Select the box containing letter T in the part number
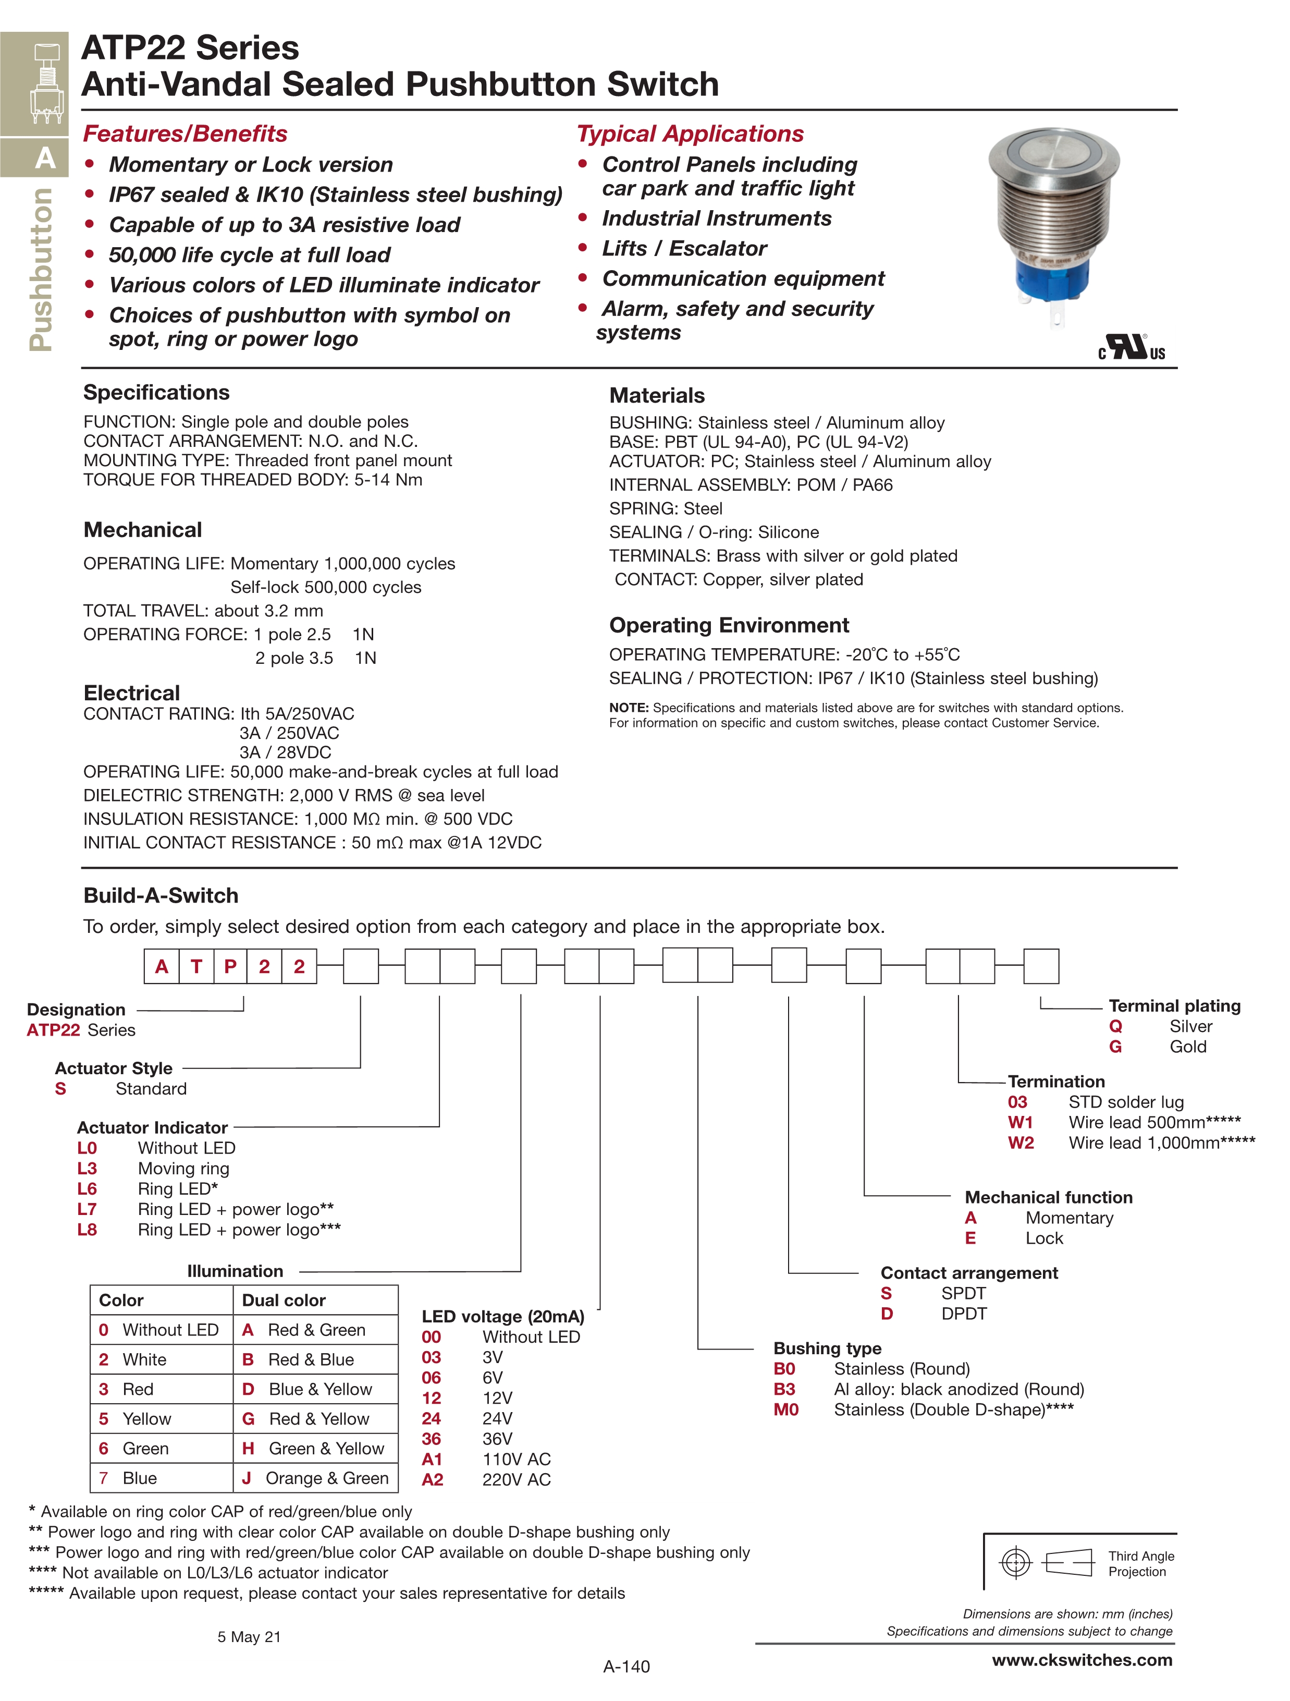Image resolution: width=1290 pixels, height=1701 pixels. pyautogui.click(x=196, y=967)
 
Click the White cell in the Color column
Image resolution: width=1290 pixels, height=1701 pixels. pyautogui.click(x=144, y=1359)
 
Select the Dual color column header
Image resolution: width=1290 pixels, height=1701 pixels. pyautogui.click(x=284, y=1301)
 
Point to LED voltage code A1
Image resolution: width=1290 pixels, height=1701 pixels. pyautogui.click(x=432, y=1459)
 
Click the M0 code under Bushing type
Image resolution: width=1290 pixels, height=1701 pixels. pyautogui.click(x=785, y=1410)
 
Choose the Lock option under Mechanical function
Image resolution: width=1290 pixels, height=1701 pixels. pyautogui.click(x=1044, y=1238)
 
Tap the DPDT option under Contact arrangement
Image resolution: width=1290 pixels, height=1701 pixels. pyautogui.click(x=963, y=1314)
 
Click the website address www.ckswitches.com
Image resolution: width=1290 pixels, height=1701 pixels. pyautogui.click(x=1082, y=1659)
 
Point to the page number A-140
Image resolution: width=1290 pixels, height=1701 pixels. pyautogui.click(x=626, y=1667)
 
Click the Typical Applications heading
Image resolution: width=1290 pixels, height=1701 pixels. pyautogui.click(x=690, y=134)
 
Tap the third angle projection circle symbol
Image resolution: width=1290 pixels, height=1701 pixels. pyautogui.click(x=1015, y=1563)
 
